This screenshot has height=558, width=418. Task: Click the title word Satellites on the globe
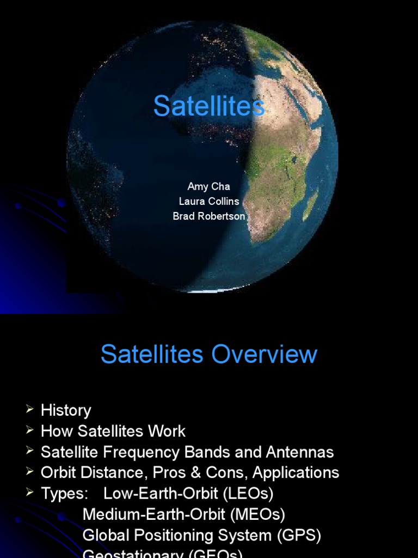(209, 106)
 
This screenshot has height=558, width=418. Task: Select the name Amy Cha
(208, 186)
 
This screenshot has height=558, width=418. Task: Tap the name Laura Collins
(209, 201)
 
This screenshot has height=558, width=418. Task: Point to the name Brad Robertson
(209, 216)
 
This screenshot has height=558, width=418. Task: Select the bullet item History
(66, 410)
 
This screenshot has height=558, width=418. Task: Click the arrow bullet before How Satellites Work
(29, 430)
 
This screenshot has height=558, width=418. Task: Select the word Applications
(296, 472)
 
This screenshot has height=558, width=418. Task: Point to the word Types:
(64, 494)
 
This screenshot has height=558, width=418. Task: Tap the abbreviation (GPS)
(299, 535)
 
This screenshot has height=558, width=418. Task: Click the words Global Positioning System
(177, 535)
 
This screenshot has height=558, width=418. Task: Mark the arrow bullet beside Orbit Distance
(29, 472)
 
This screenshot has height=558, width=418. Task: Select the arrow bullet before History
(29, 410)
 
